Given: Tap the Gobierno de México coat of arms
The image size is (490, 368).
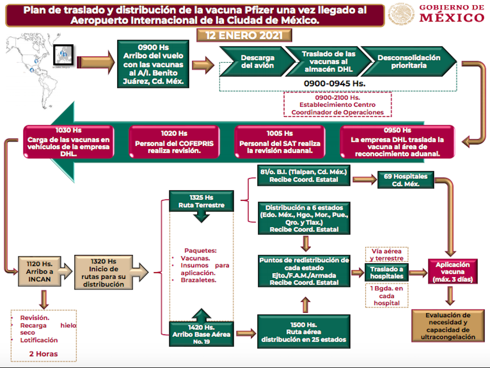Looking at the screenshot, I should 401,14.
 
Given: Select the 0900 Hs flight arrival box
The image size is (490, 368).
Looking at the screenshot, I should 153,64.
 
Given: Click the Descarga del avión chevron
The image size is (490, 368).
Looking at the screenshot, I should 257,62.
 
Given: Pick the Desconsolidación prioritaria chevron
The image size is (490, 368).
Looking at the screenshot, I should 409,62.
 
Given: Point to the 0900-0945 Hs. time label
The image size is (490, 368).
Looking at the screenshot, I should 335,83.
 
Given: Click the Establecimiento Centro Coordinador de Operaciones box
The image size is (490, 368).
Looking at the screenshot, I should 337,105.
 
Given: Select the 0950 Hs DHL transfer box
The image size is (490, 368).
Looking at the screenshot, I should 397,142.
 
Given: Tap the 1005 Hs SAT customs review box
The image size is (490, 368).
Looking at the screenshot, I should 280,142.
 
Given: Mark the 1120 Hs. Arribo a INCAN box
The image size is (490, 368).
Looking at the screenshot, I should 40,271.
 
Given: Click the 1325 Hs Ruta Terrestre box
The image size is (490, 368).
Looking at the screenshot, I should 201,201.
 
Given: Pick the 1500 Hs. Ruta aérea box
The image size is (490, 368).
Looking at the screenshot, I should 304,332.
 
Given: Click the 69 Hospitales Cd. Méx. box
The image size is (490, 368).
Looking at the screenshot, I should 406,180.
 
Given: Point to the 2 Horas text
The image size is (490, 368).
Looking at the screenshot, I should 43,354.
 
